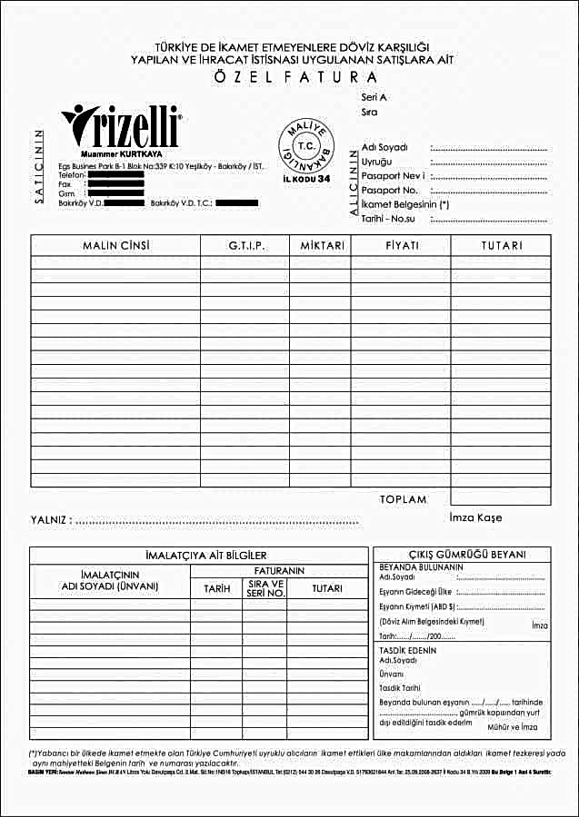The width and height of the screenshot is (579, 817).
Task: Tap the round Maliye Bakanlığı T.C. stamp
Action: [304, 148]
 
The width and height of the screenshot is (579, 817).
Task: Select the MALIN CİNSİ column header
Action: [115, 246]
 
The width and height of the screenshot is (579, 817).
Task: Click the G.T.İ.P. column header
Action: [245, 246]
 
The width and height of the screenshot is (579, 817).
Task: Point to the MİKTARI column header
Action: [321, 246]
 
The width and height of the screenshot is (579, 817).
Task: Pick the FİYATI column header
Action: [401, 246]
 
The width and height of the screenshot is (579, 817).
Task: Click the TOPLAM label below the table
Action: [403, 499]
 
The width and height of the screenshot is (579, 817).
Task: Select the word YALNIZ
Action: [50, 521]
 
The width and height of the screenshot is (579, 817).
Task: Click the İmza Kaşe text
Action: [475, 518]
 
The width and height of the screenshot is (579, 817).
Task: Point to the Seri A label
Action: [374, 96]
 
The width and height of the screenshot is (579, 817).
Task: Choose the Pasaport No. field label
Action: [389, 191]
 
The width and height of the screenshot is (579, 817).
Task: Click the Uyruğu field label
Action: [377, 162]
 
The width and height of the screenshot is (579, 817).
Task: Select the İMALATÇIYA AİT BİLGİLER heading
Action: [200, 555]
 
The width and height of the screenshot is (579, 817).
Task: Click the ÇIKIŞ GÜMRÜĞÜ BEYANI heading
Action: [463, 555]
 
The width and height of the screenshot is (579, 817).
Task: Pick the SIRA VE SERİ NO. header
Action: [265, 588]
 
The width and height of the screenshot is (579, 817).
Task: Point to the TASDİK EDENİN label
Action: [407, 650]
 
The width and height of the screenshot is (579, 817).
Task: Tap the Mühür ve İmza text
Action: [513, 728]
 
